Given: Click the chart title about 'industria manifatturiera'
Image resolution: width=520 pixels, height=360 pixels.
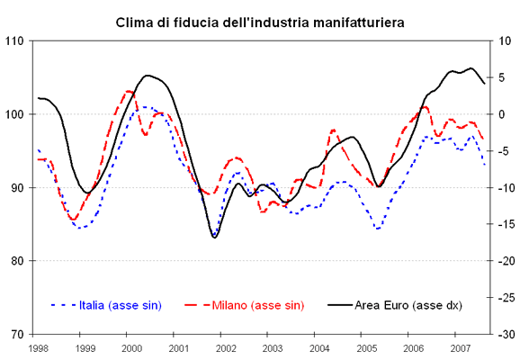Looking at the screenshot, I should [259, 20].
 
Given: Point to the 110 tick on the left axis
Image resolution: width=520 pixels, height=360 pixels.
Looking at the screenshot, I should [13, 40].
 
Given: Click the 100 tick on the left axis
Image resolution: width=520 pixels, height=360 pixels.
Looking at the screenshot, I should [13, 114].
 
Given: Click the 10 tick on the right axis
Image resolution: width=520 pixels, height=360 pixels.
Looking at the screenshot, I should [505, 40].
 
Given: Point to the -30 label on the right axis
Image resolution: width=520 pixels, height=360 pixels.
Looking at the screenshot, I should [504, 334].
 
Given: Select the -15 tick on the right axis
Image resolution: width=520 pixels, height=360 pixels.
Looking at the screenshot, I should [504, 224].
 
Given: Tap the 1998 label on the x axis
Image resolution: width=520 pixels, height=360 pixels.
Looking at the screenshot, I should [39, 347].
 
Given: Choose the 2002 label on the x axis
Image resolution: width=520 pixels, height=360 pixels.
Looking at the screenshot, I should [226, 347].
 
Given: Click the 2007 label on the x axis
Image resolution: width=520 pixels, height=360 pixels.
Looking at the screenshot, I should [460, 347].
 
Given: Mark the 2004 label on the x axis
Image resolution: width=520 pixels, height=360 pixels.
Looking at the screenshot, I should [319, 347].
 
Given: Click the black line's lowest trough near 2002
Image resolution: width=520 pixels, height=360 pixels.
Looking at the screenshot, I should [214, 238].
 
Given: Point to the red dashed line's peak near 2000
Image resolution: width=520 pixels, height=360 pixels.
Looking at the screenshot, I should [130, 91].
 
